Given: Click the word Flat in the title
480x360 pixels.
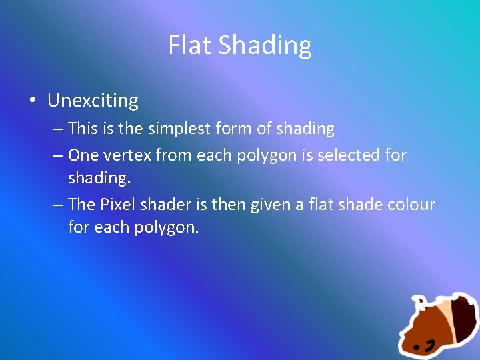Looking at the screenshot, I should coord(190,45).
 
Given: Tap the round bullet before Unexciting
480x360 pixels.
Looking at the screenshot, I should coord(32,101).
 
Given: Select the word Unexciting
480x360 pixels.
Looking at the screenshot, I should coord(93,101).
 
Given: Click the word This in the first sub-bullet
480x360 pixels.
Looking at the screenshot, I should coord(83,128).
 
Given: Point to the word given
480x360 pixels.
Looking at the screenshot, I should coord(269,205).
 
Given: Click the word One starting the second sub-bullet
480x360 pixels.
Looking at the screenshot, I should coord(83,155).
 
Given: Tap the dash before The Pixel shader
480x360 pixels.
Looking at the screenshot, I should coord(58,205).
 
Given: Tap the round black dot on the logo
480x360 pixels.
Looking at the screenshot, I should coord(416,347).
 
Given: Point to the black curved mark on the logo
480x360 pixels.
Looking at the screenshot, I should coord(431,345).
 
